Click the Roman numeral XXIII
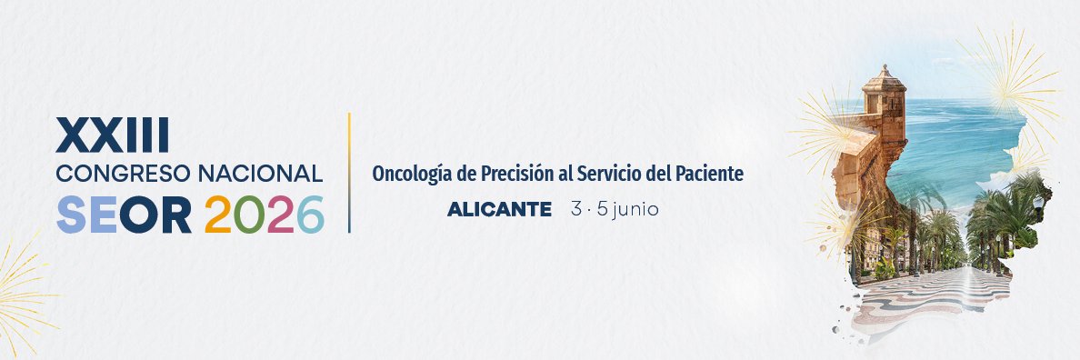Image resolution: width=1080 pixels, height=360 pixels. [113, 135]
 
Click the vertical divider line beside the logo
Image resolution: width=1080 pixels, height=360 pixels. [349, 173]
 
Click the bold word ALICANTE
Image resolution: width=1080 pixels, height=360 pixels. [499, 210]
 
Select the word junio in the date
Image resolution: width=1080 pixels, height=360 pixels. [636, 210]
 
